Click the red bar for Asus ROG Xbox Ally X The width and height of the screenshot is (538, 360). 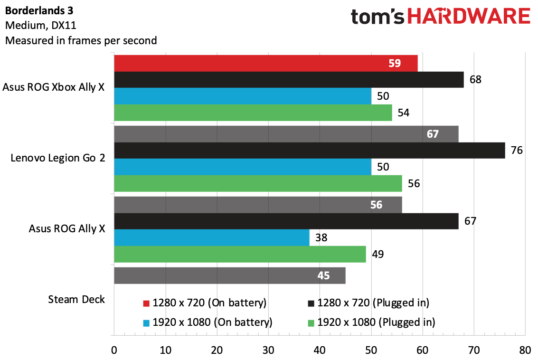tap(265, 63)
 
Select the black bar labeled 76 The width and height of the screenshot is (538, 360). tap(309, 151)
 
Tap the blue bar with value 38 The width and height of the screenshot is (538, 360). tap(211, 237)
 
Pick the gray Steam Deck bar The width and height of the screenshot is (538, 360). tap(229, 275)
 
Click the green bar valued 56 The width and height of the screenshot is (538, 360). tap(258, 183)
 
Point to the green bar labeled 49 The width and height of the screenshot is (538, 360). tap(240, 254)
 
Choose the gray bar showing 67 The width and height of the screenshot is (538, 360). tap(286, 134)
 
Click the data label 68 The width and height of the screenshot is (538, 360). tap(475, 80)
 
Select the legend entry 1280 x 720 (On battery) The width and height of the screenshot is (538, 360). tap(209, 303)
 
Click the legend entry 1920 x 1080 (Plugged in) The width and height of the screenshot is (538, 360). tap(376, 322)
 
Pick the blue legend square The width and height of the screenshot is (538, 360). tap(147, 323)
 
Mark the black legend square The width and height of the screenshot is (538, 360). tap(311, 303)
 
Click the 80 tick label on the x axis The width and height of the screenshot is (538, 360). tap(525, 351)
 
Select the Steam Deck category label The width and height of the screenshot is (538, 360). tap(76, 300)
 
